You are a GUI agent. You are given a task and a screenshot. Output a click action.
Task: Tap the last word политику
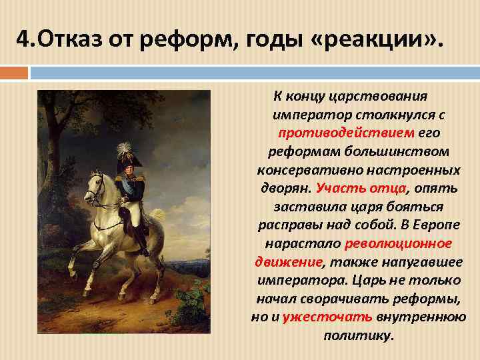coord(359,335)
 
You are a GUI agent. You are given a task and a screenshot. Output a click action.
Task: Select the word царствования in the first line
coord(385,96)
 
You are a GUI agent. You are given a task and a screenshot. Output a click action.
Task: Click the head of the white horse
coord(95,182)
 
